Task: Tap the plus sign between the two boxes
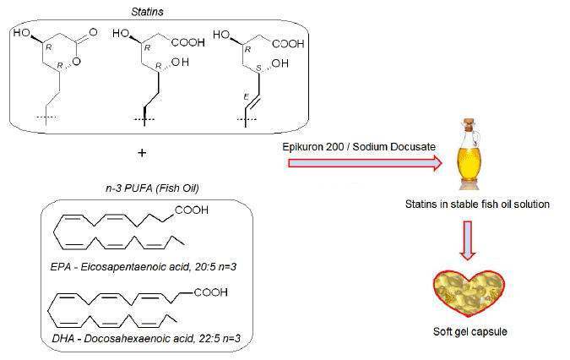coord(141,154)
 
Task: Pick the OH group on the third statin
coord(283,63)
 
